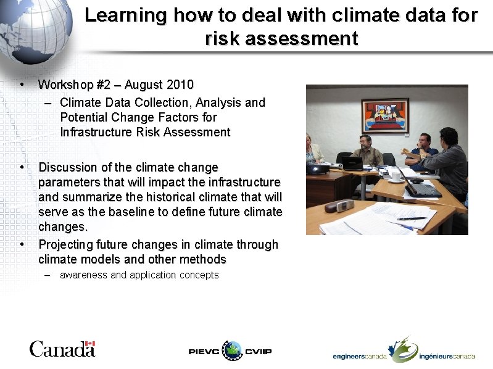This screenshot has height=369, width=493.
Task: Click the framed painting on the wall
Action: point(384,115)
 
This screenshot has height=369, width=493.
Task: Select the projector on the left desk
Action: point(318,168)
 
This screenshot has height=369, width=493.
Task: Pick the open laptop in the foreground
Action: point(420,185)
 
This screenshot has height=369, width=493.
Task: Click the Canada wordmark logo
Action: point(62,349)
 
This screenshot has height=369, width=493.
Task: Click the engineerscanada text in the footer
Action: point(360,356)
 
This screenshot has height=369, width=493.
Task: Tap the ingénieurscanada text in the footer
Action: point(447,356)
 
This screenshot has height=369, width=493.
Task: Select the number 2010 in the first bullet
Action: point(180,84)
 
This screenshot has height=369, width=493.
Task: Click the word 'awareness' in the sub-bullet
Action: point(83,275)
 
